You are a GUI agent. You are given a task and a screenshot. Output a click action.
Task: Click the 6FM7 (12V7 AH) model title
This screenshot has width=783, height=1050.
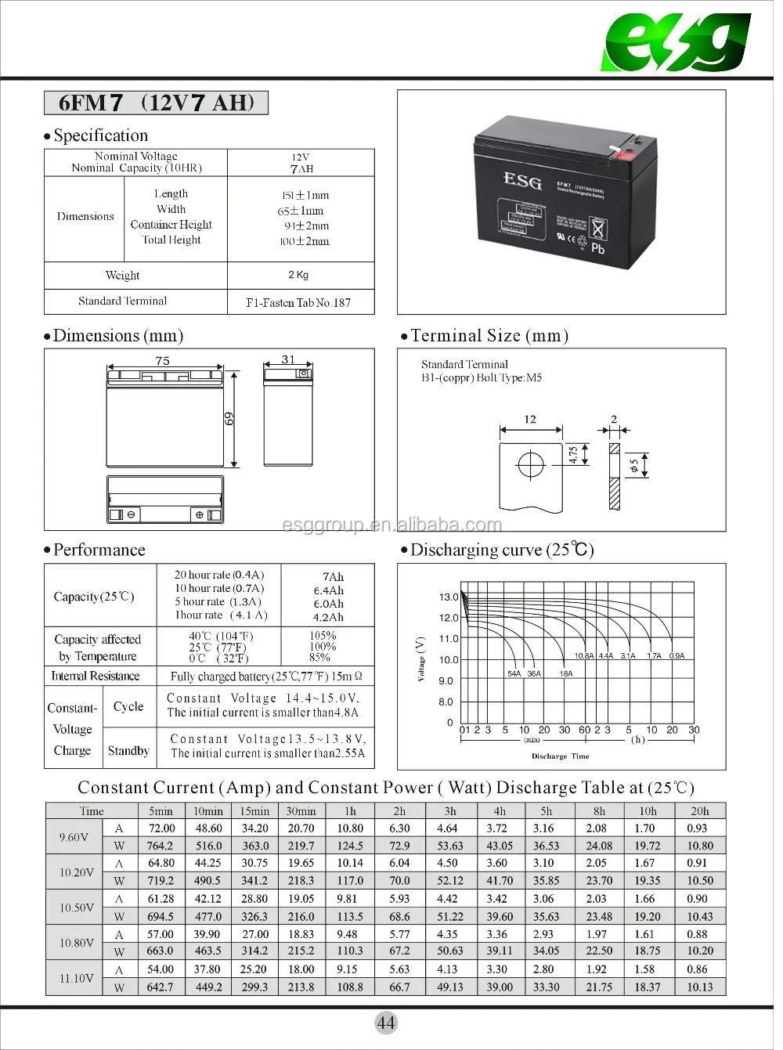pyautogui.click(x=156, y=103)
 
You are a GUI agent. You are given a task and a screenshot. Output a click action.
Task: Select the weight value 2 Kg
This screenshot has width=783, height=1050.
pyautogui.click(x=298, y=275)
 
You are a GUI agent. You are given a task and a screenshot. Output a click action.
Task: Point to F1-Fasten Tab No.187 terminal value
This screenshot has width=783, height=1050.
pyautogui.click(x=298, y=302)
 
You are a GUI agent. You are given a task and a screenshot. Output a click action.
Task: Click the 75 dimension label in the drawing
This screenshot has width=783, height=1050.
pyautogui.click(x=162, y=361)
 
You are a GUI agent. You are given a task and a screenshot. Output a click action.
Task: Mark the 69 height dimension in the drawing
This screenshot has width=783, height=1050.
pyautogui.click(x=229, y=419)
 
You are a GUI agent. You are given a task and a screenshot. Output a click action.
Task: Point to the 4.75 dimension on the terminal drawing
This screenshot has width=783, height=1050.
pyautogui.click(x=573, y=455)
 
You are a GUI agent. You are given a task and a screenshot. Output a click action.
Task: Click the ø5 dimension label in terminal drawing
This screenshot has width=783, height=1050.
pyautogui.click(x=634, y=466)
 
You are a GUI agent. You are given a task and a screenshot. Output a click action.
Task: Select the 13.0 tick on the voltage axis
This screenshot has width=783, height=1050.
pyautogui.click(x=448, y=597)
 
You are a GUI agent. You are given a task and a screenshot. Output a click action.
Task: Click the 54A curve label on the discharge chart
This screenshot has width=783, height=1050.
pyautogui.click(x=514, y=673)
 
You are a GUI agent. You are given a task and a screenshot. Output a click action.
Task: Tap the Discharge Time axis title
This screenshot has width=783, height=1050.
pyautogui.click(x=560, y=756)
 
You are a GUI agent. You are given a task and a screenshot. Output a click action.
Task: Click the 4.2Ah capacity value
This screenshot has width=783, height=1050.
pyautogui.click(x=328, y=617)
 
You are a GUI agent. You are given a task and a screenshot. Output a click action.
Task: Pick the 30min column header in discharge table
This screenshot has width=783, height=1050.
pyautogui.click(x=301, y=811)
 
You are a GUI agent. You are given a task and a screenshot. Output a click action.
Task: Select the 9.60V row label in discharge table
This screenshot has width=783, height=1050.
pyautogui.click(x=74, y=837)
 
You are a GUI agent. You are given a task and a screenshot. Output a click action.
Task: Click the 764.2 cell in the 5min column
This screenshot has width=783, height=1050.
pyautogui.click(x=161, y=846)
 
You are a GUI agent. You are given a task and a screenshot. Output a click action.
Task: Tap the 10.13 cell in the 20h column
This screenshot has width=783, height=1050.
pyautogui.click(x=699, y=987)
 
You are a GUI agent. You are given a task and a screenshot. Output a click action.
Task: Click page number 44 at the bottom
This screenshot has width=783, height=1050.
pyautogui.click(x=386, y=1023)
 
